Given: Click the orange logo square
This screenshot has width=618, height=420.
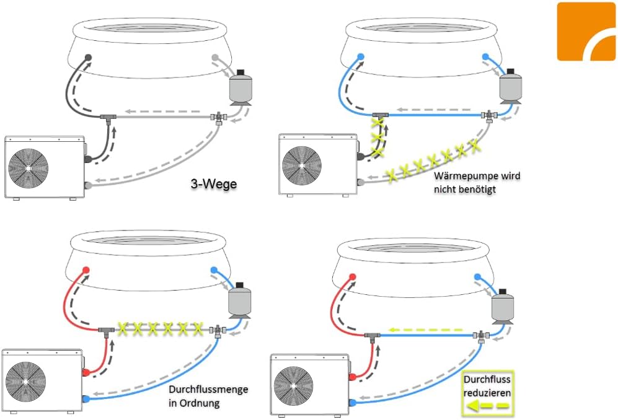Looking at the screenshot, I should click(x=586, y=31).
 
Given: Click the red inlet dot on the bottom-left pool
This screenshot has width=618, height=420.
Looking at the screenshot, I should click(x=86, y=271).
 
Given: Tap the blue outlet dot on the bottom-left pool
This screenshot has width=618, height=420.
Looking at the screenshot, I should click(x=214, y=271).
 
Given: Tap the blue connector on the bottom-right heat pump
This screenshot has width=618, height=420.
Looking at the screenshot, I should click(x=352, y=402).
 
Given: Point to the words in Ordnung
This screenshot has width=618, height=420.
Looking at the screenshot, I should click(x=195, y=403).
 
